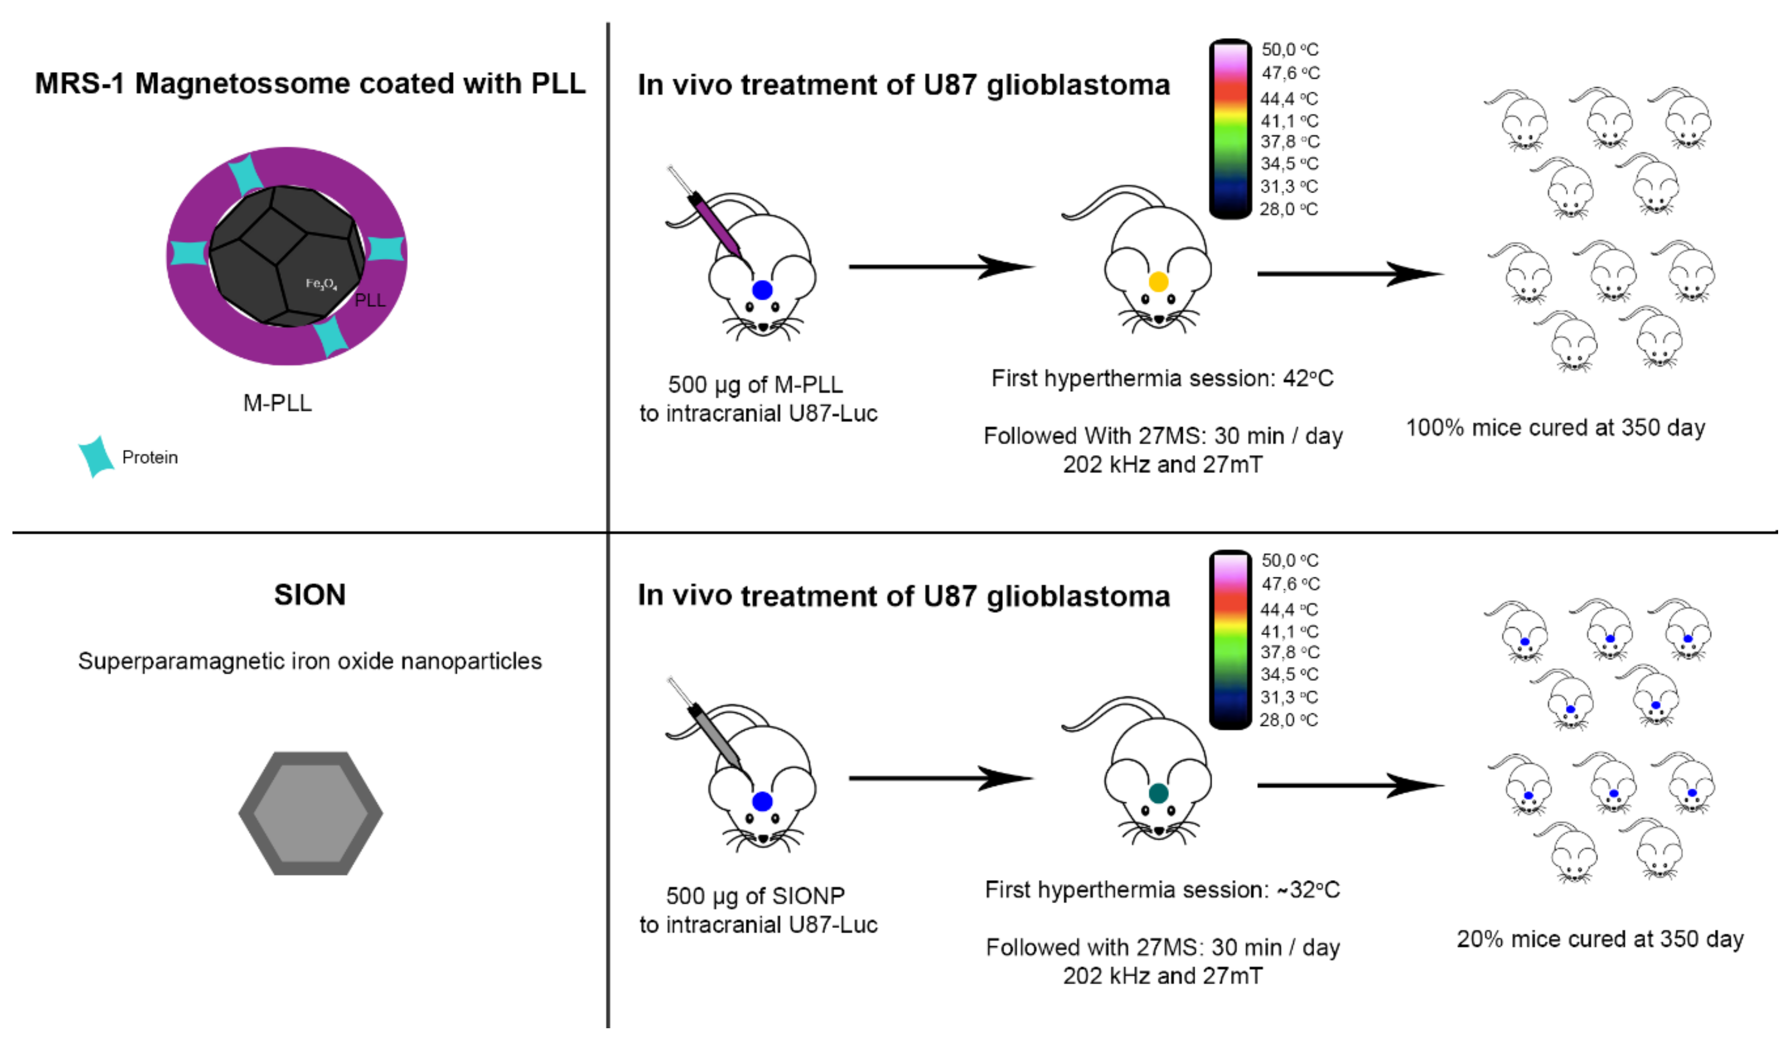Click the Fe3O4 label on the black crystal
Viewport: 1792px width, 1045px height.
point(321,285)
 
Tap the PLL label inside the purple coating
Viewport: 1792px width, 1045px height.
point(370,300)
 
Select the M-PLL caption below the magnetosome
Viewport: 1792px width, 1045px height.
point(277,403)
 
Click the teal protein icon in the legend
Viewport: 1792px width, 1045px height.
point(96,456)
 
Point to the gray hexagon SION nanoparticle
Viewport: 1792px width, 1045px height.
point(311,813)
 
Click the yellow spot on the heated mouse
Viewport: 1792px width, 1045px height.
point(1159,282)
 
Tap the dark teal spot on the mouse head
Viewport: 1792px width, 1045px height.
point(1159,793)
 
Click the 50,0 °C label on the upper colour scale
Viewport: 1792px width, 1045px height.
point(1290,50)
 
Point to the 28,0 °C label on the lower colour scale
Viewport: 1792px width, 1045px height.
point(1288,720)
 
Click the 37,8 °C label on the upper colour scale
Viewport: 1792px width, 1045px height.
point(1290,141)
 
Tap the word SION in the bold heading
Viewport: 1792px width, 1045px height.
point(310,595)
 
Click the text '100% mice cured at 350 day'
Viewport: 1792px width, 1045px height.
point(1555,428)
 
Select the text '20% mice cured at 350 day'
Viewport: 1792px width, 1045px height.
point(1600,939)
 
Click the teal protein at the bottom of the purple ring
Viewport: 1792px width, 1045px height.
point(331,337)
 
